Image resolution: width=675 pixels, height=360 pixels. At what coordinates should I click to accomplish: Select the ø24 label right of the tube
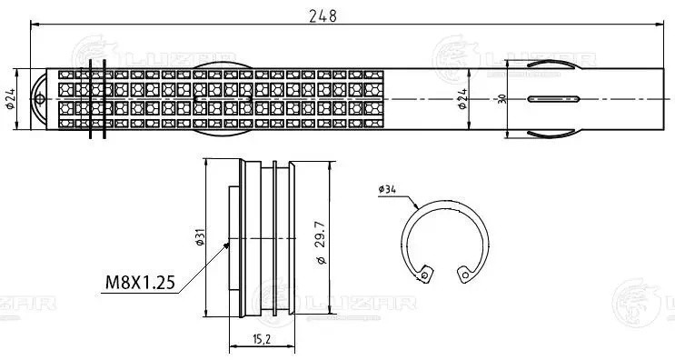coord(462,99)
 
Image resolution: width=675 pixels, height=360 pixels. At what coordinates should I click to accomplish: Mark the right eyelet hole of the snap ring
coord(465,272)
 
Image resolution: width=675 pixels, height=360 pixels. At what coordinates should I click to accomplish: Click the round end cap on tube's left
coord(39,100)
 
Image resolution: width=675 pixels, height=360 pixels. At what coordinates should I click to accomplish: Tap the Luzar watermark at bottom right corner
coord(643,300)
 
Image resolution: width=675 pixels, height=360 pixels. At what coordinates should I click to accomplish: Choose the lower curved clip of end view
coord(549,133)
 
